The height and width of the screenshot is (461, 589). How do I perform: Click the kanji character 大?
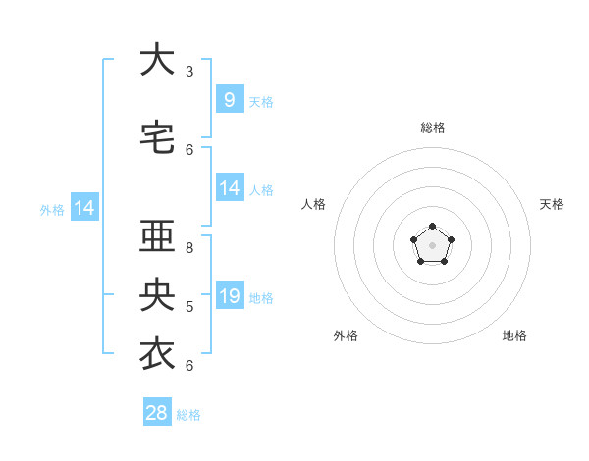pos(157,60)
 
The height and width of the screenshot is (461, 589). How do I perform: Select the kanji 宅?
pos(157,138)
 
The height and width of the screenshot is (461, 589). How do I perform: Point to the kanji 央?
pos(157,295)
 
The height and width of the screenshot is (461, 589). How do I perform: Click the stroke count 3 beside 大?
pos(189,71)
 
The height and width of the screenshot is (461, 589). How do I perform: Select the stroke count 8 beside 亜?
pos(189,247)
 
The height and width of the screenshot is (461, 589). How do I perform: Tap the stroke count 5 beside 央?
pos(189,306)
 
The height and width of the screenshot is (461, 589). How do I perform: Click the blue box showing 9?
pos(229,100)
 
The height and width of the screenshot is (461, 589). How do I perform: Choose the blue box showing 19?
pos(229,296)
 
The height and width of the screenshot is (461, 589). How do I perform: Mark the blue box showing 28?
pos(157,413)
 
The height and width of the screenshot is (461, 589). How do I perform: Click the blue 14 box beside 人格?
pos(229,188)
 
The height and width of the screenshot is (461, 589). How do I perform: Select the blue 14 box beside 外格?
pos(83,208)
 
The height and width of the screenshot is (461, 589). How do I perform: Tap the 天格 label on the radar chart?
pos(552,204)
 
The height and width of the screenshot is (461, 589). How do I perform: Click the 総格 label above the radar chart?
pos(433,128)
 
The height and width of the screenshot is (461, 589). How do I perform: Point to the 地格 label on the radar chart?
pos(514,335)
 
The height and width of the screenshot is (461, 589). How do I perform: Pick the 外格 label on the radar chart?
pos(346,335)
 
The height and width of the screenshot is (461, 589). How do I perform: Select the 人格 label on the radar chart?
pos(313,204)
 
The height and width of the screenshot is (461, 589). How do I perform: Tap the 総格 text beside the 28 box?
pos(188,415)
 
